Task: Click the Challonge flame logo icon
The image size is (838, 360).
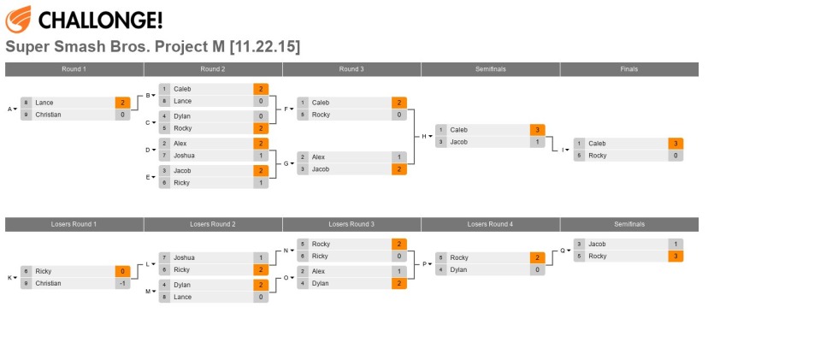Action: [18, 18]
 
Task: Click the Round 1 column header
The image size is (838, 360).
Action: [74, 69]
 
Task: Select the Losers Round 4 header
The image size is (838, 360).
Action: [489, 224]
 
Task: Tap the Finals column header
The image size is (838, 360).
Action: [628, 69]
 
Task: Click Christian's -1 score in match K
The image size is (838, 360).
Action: [122, 283]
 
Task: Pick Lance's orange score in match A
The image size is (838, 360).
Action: [122, 103]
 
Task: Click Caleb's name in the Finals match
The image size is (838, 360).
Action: [597, 144]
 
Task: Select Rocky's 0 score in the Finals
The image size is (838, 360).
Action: [676, 156]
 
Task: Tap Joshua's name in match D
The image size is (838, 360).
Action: [184, 156]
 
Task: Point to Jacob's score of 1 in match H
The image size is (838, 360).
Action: [537, 142]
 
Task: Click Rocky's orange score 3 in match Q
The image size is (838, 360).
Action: [676, 256]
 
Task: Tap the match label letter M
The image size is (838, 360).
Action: [147, 291]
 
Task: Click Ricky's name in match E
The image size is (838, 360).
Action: [181, 183]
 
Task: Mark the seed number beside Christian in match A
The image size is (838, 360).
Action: [27, 115]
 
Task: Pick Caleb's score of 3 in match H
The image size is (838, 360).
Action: [537, 130]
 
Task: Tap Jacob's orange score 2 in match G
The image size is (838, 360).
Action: [399, 169]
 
